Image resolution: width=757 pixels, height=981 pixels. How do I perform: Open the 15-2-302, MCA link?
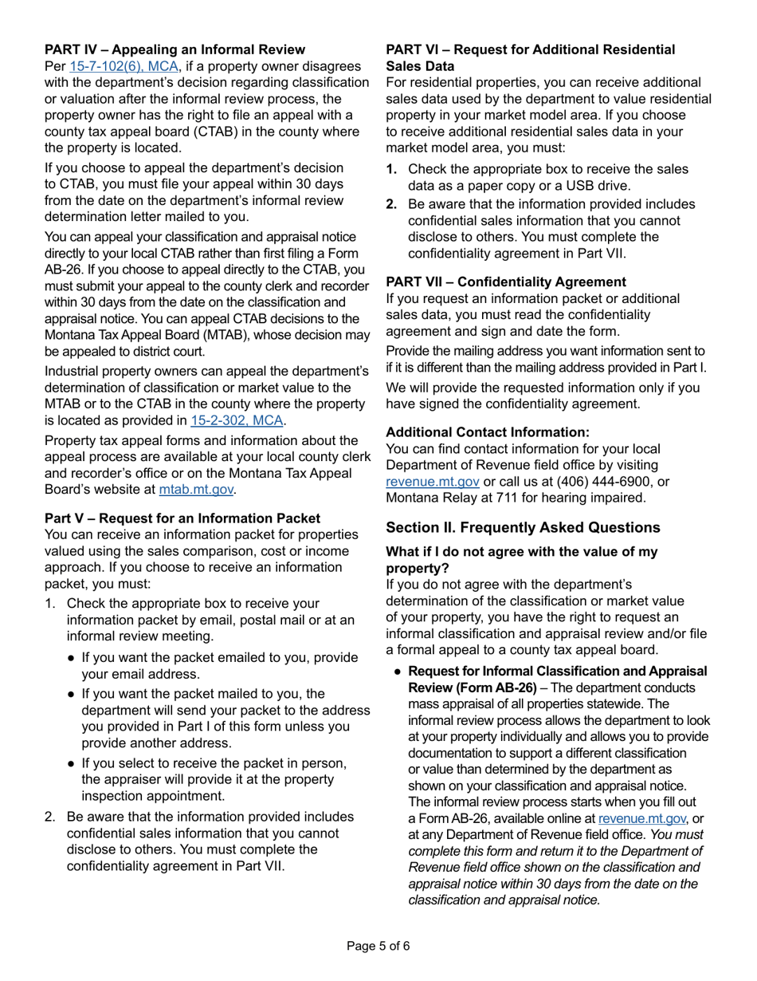pos(237,420)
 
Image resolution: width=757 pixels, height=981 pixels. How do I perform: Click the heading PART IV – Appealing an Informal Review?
pos(175,49)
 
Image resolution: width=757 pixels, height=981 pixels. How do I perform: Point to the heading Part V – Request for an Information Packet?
pos(182,518)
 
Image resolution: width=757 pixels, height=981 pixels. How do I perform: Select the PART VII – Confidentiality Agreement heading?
pos(506,282)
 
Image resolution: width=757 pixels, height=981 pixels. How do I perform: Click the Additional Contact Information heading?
pos(488,431)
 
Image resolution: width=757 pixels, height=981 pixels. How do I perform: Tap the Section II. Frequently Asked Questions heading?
pos(523,527)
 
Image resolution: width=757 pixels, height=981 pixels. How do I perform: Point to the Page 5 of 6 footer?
pos(378,947)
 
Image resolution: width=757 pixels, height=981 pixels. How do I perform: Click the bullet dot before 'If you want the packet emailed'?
pos(72,658)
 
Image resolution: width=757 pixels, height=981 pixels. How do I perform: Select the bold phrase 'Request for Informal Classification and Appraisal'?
pos(557,671)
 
